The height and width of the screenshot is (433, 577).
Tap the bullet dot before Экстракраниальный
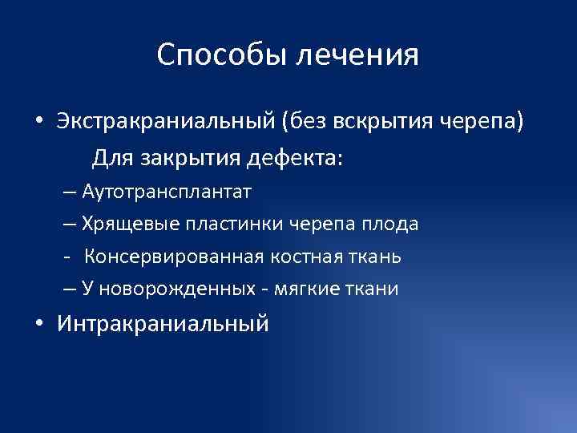[38, 123]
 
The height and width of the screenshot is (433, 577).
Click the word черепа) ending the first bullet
[484, 123]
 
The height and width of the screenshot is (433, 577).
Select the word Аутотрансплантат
[166, 192]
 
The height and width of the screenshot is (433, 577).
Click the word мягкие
[299, 289]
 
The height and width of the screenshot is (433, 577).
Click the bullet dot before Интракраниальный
[38, 325]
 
